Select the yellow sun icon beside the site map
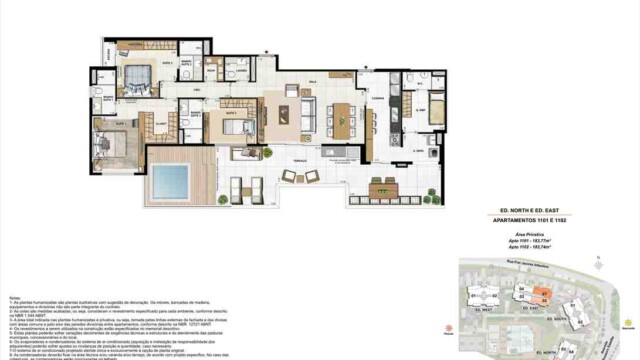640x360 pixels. [x=627, y=322]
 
